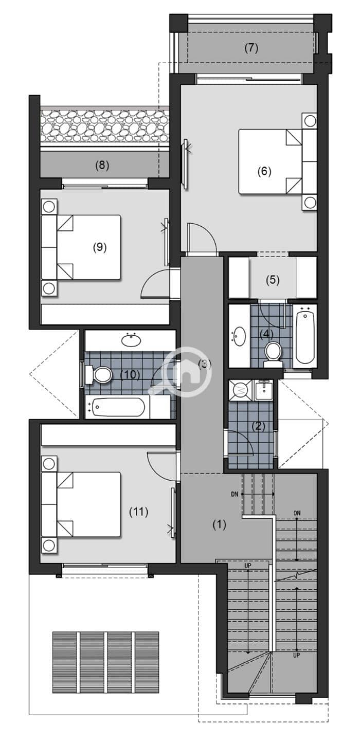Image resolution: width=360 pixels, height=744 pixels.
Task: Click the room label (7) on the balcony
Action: (x=251, y=48)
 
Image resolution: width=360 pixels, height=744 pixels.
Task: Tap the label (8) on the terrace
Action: (x=102, y=165)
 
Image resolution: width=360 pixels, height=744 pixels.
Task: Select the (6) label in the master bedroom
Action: (x=264, y=171)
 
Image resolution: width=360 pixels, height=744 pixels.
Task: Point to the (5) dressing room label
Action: (x=273, y=280)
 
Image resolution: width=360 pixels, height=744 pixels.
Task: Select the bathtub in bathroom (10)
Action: (x=118, y=407)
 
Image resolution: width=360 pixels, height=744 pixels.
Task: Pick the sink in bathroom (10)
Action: (x=131, y=340)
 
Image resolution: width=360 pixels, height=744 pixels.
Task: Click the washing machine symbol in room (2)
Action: (x=241, y=390)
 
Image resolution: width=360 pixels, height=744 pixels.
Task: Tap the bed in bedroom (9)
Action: (x=81, y=247)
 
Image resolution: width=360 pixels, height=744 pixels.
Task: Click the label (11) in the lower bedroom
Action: (x=138, y=512)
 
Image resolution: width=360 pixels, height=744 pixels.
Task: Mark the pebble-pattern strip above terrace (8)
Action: (x=104, y=126)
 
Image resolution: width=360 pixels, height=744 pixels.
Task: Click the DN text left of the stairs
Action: (x=235, y=494)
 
